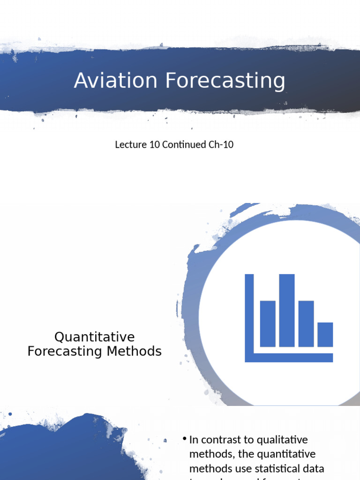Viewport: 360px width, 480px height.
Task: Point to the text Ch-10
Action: tap(221, 144)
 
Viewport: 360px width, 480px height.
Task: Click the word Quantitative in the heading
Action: tap(95, 337)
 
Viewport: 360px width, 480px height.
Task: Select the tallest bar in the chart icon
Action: tap(286, 310)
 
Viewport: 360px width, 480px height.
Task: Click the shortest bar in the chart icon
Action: tap(325, 334)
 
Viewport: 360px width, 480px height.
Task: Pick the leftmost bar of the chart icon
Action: tap(268, 323)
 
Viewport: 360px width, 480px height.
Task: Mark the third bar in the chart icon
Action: tap(306, 323)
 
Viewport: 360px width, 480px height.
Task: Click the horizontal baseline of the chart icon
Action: tap(289, 358)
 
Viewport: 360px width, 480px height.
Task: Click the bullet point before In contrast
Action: tap(185, 439)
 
